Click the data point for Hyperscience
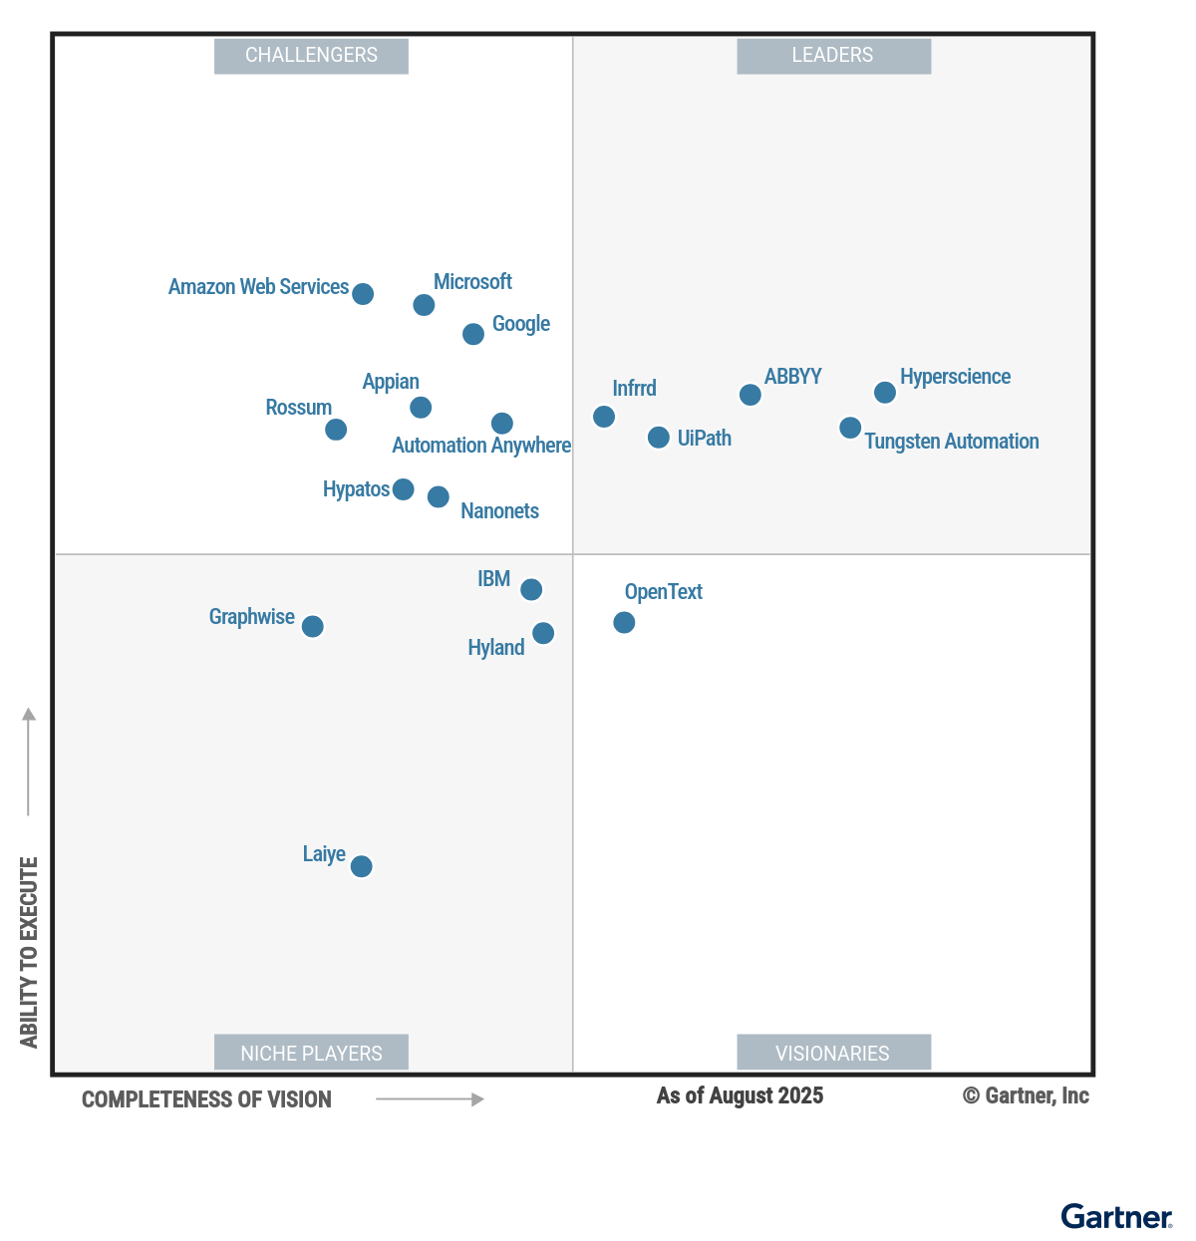[885, 393]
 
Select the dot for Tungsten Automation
[850, 428]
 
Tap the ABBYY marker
[750, 395]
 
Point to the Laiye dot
[362, 866]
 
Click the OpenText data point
[624, 622]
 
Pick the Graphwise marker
[313, 626]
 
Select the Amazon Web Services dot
[363, 294]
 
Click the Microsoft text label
[472, 282]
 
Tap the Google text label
[520, 324]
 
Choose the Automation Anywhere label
[481, 446]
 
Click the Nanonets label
[499, 511]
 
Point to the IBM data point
[532, 590]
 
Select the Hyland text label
[495, 648]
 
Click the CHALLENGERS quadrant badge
[311, 56]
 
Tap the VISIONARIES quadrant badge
[833, 1053]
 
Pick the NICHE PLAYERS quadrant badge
[311, 1053]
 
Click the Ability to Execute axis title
[29, 952]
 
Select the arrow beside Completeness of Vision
[430, 1099]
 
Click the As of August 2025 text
[740, 1095]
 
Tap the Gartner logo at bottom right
[1116, 1217]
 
